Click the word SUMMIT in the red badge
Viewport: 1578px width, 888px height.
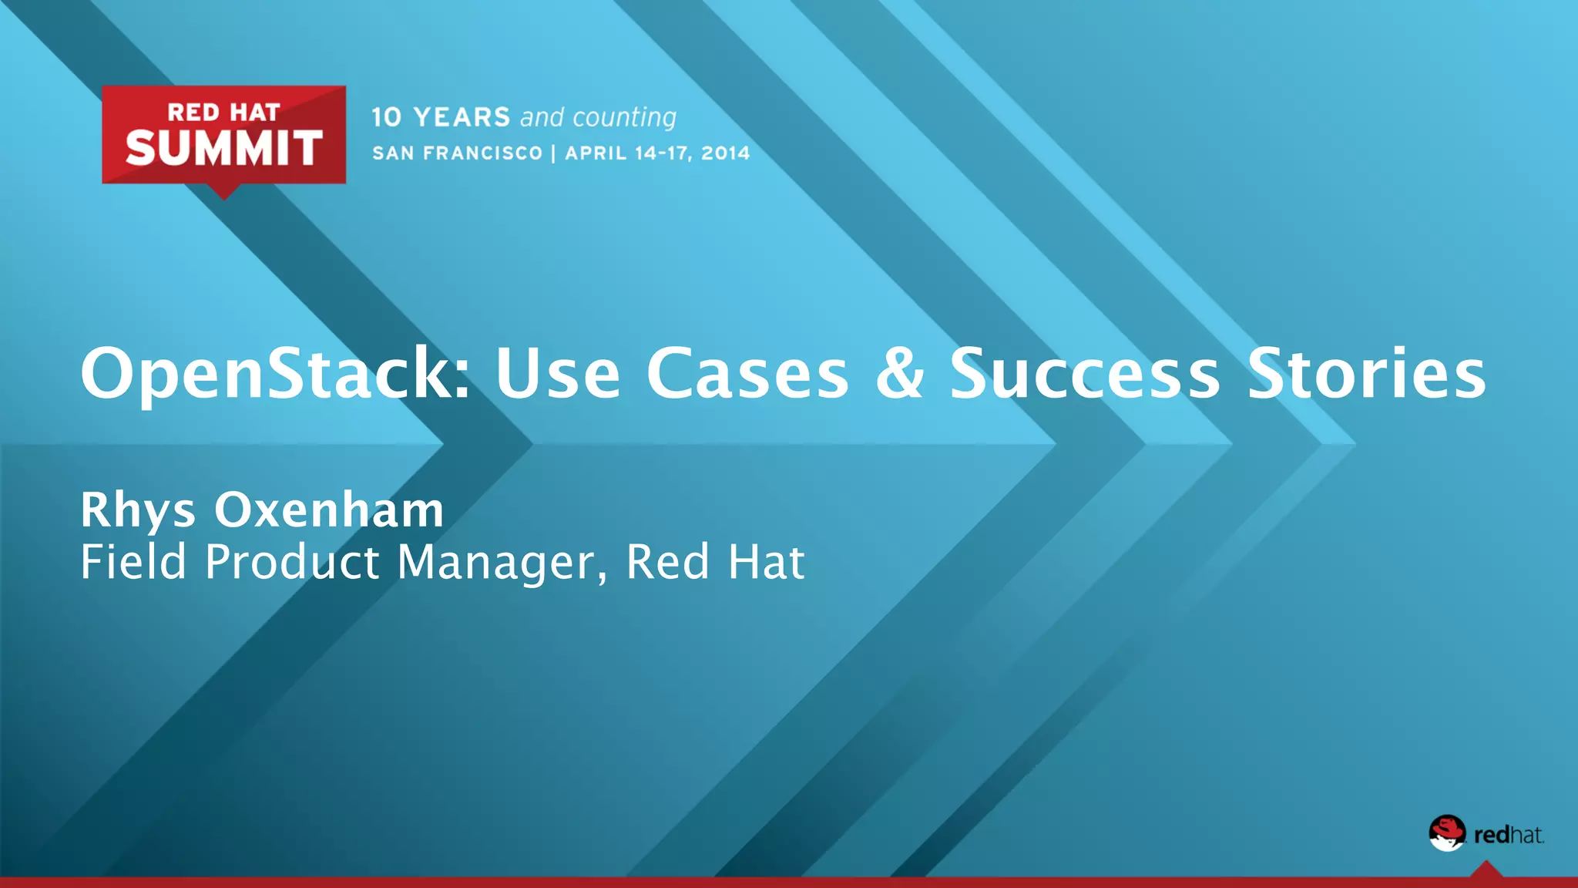223,148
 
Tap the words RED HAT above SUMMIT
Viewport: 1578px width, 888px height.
223,113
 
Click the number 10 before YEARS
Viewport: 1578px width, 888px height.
387,117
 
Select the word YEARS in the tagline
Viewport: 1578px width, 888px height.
462,117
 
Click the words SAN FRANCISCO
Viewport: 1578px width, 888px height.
458,153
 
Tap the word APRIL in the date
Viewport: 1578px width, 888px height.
596,153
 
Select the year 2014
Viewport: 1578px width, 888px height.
725,153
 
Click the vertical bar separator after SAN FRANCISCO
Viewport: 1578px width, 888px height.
553,153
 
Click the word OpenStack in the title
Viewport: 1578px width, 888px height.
276,375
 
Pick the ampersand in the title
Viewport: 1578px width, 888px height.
899,373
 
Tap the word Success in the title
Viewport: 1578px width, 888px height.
1084,373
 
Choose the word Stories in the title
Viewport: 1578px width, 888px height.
1366,373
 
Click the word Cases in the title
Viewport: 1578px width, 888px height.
747,373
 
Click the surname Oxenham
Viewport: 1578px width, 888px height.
329,510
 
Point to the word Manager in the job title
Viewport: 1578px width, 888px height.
502,562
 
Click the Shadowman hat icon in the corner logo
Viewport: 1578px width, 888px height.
1446,833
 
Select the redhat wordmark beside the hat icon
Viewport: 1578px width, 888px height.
1508,835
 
